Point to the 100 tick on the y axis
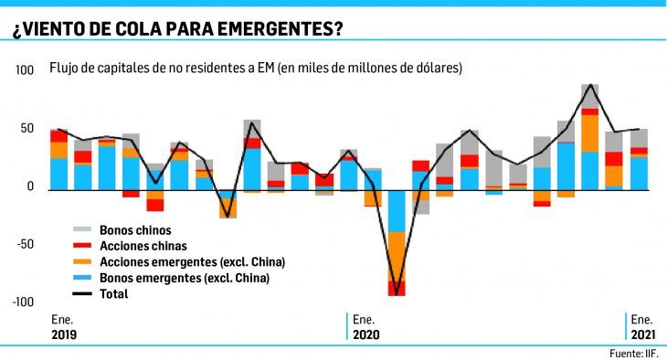[x=25, y=70]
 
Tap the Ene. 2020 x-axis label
[x=365, y=328]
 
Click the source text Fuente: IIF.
[x=637, y=352]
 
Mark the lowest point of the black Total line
[x=397, y=294]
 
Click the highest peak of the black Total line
[x=590, y=85]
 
